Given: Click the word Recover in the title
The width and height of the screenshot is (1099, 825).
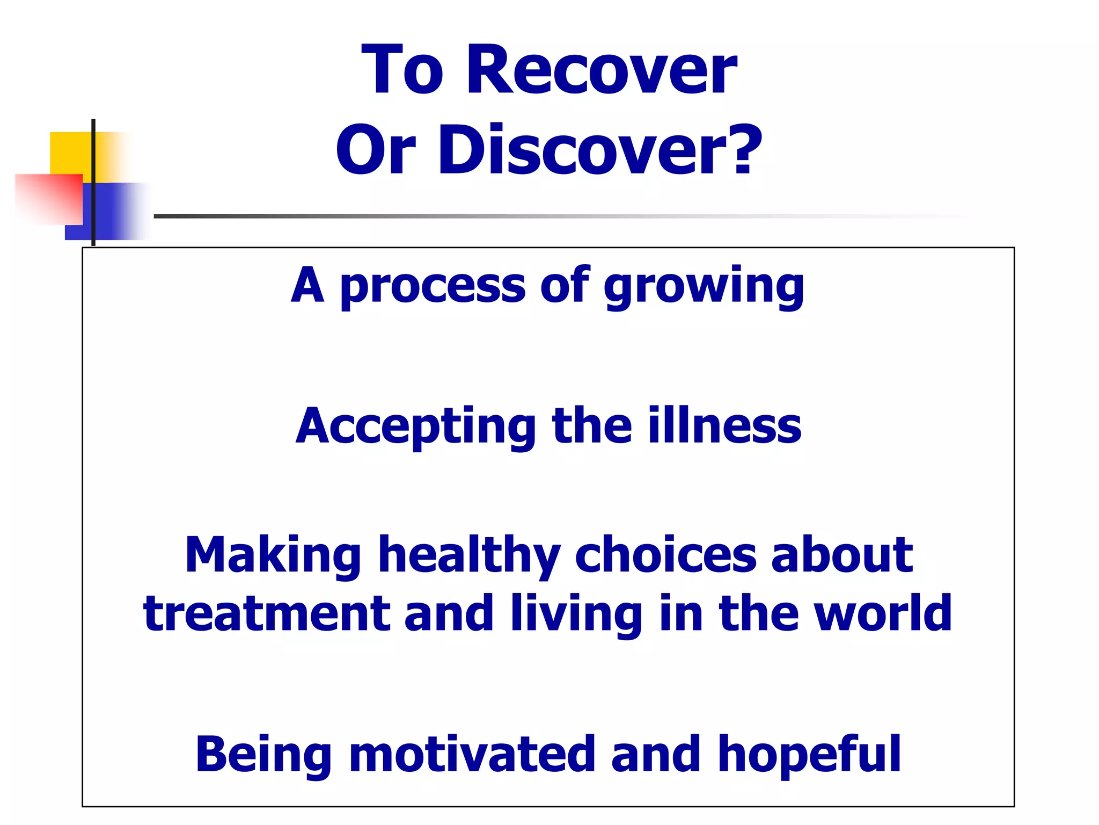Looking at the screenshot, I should point(602,70).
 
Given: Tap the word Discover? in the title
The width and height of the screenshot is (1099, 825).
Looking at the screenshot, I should point(600,150).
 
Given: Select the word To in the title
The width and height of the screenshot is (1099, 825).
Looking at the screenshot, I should point(402,70).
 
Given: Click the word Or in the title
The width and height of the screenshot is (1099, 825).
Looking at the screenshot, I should point(376,150).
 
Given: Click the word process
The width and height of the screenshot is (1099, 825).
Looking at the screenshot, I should point(433,286).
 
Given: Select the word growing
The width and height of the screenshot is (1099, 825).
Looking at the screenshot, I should point(704,286).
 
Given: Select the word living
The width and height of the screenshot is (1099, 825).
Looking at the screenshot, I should point(577,615).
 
